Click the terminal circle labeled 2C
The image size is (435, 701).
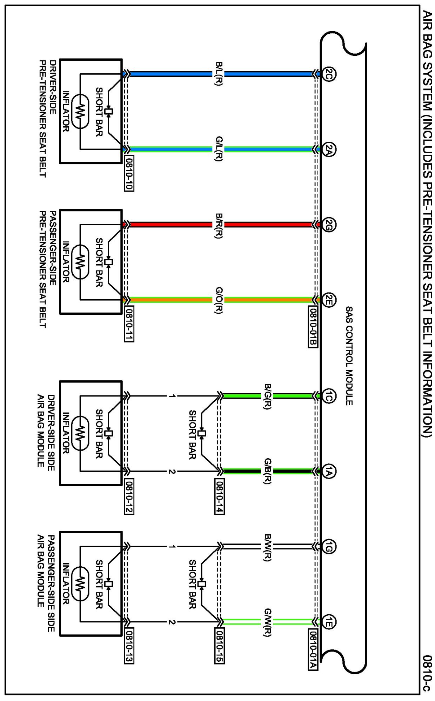tap(329, 74)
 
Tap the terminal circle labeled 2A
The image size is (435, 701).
tap(329, 149)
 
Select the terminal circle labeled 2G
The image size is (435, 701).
tap(329, 225)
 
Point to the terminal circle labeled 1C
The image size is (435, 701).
tap(329, 396)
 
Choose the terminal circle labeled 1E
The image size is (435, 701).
tap(329, 622)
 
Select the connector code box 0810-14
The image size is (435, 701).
tap(219, 496)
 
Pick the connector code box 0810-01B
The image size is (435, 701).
tap(313, 327)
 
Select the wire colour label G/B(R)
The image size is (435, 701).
tap(268, 471)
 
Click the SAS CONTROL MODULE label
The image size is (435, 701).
tap(349, 356)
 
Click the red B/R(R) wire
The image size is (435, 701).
tap(168, 225)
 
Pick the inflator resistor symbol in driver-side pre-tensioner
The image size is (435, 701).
tap(80, 112)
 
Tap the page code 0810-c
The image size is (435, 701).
tap(427, 673)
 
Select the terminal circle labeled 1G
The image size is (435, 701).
tap(329, 547)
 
